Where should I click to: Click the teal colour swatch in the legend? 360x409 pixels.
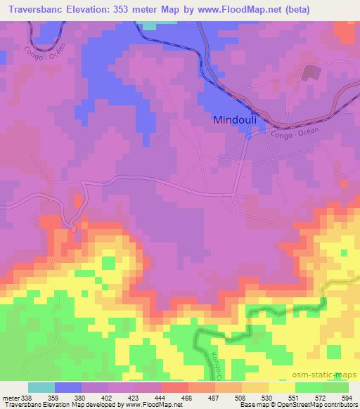click(41, 388)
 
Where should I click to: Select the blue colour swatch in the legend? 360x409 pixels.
click(68, 388)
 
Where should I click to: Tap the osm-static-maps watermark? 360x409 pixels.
click(330, 376)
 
